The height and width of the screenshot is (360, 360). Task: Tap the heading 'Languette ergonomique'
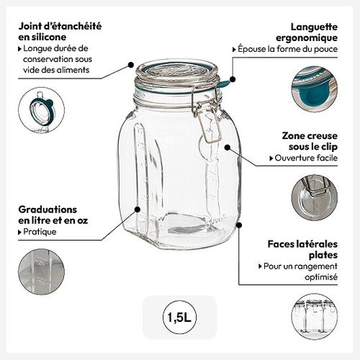click(x=310, y=30)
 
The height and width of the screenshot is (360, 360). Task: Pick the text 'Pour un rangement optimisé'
click(x=302, y=271)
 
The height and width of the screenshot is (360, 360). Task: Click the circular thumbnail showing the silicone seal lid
click(x=41, y=110)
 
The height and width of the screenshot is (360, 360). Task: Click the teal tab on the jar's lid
click(x=225, y=84)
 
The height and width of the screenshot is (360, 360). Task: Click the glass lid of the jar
click(x=176, y=72)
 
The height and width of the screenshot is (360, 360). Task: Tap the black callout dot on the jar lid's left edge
click(x=131, y=64)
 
